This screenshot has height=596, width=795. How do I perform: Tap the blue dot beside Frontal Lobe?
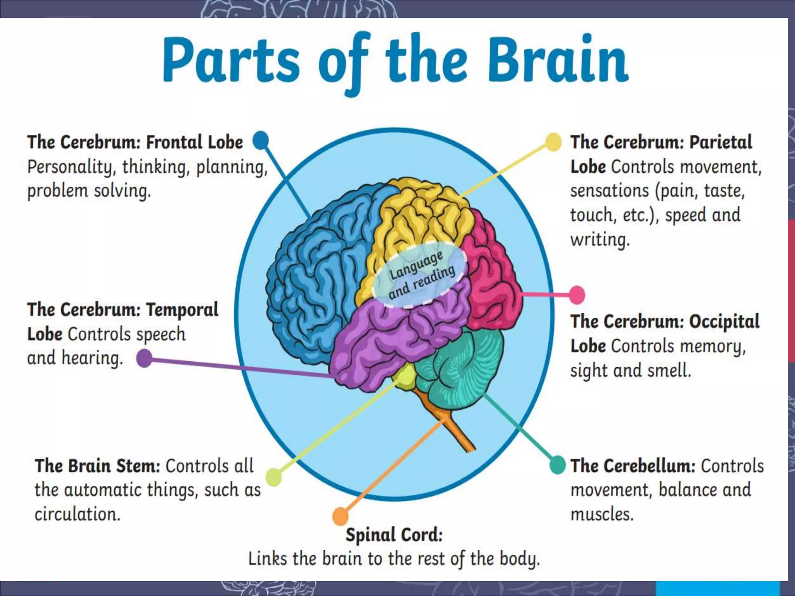pos(261,140)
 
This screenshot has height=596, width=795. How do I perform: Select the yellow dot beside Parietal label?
pos(553,142)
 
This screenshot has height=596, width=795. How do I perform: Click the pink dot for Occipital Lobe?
pos(577,295)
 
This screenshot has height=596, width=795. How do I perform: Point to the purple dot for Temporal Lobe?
pos(144,358)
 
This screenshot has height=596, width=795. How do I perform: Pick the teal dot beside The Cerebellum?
pos(558,465)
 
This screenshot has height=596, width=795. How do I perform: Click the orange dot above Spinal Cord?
pos(340,516)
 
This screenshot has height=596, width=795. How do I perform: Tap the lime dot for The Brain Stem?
pos(274,477)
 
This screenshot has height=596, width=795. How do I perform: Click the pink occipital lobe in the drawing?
pos(491,272)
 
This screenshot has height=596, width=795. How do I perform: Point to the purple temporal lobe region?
pos(373,341)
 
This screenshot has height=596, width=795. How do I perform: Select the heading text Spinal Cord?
pos(394,535)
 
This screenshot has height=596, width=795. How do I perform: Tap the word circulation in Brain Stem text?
pos(77,514)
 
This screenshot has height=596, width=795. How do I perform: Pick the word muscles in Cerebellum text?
pos(602,514)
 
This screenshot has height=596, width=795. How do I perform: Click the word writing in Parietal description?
pos(600,239)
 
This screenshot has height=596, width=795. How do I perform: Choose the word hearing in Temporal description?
pos(92,358)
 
